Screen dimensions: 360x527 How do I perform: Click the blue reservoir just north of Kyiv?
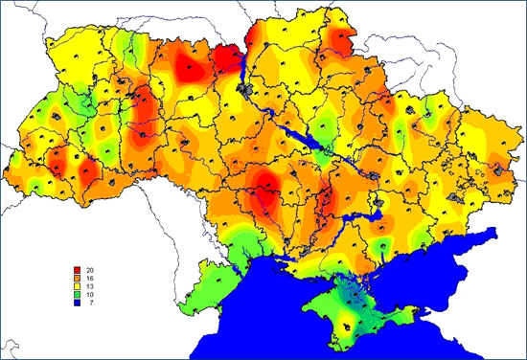tap(241, 67)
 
